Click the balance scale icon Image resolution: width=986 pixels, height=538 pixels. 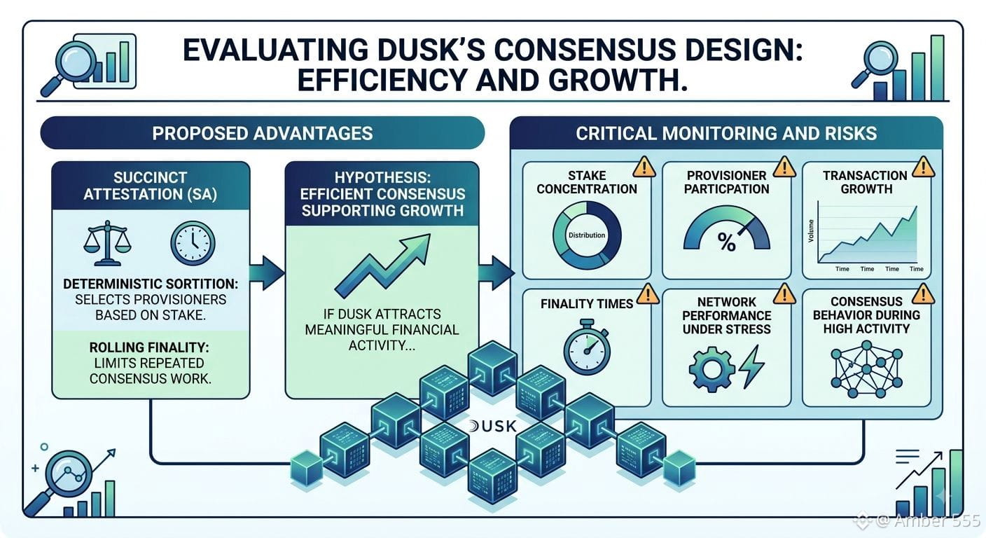[107, 243]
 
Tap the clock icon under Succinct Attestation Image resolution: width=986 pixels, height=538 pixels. [193, 244]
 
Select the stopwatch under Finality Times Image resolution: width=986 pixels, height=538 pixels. [587, 347]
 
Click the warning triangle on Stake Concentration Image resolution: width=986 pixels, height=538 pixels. [644, 167]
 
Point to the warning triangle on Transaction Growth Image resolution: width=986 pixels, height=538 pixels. [923, 167]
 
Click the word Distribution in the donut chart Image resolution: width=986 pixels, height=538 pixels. [587, 235]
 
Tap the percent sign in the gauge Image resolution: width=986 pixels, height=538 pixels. [726, 242]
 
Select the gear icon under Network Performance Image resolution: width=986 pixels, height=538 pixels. [711, 369]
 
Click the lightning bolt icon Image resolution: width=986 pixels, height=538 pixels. [752, 367]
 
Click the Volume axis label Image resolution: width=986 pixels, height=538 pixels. [811, 230]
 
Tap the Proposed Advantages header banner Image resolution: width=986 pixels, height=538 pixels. [263, 133]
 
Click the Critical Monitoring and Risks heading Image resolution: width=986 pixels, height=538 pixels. [726, 133]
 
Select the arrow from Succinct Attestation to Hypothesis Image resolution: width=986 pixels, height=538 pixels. [267, 273]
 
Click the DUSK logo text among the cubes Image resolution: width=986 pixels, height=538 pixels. [492, 426]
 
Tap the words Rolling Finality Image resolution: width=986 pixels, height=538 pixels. [149, 347]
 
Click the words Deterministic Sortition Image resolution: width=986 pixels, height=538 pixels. [151, 284]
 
